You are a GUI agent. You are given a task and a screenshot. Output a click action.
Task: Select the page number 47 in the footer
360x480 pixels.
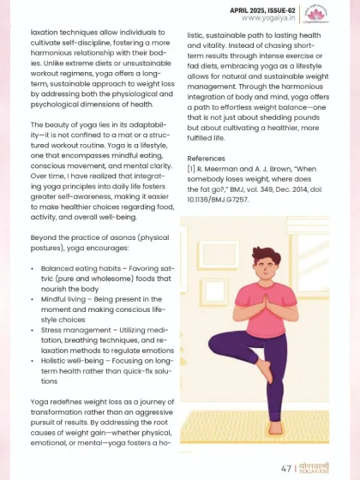[287, 469]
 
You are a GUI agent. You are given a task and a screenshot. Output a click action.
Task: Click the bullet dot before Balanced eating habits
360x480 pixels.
[32, 268]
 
